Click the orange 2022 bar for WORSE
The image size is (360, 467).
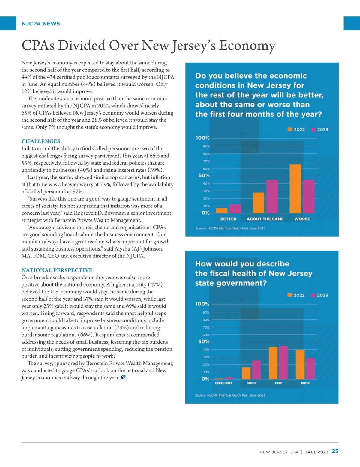pos(295,189)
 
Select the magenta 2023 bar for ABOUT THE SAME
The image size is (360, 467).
pos(272,196)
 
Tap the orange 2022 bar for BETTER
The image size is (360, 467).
pos(222,210)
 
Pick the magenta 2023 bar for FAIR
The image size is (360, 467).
pos(283,363)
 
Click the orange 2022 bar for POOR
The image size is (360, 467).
pos(300,364)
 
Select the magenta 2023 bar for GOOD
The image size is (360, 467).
pos(256,370)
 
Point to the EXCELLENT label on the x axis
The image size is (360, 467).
pos(223,383)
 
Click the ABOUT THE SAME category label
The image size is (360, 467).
pos(265,219)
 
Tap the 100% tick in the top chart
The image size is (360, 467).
pos(203,138)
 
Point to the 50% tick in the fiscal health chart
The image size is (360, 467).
pos(204,342)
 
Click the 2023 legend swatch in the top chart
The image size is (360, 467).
pos(313,130)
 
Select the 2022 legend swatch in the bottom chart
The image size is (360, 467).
pos(289,295)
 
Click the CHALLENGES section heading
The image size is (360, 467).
pos(41,141)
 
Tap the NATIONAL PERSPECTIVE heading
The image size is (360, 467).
pos(57,270)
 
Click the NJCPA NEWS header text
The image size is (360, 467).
pos(41,24)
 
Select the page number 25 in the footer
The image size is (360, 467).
pos(335,451)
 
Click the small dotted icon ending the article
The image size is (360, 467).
pos(123,377)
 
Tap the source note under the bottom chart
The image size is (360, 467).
pos(230,395)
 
